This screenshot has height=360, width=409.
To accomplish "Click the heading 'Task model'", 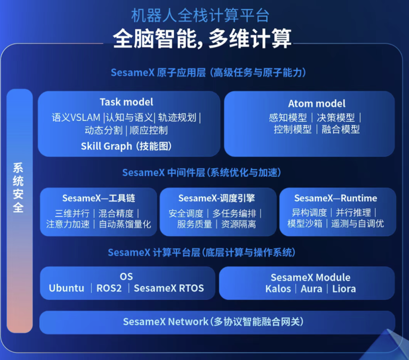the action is pyautogui.click(x=126, y=102).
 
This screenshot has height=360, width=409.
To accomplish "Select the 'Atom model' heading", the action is pyautogui.click(x=317, y=103).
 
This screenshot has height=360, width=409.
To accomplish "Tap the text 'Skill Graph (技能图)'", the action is pyautogui.click(x=126, y=146).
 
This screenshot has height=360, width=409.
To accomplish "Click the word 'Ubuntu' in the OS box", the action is pyautogui.click(x=67, y=288).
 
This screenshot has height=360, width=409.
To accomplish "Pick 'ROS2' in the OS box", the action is pyautogui.click(x=109, y=288).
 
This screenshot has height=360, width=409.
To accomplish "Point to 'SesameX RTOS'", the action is pyautogui.click(x=169, y=288).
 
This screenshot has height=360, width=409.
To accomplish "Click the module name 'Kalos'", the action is pyautogui.click(x=278, y=289).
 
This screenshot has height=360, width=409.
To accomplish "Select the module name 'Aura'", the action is pyautogui.click(x=311, y=289).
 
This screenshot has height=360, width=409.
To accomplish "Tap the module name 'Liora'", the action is pyautogui.click(x=344, y=289).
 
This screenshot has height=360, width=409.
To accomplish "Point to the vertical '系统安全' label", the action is pyautogui.click(x=18, y=188).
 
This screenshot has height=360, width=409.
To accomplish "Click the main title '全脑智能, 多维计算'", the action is pyautogui.click(x=202, y=39).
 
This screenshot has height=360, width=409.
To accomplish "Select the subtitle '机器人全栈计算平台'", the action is pyautogui.click(x=200, y=16).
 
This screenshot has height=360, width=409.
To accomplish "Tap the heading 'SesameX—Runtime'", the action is pyautogui.click(x=336, y=198).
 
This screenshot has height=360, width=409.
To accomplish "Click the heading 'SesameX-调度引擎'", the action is pyautogui.click(x=217, y=198).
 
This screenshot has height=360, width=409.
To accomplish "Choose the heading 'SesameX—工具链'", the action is pyautogui.click(x=98, y=198).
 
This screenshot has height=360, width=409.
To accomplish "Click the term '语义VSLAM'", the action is pyautogui.click(x=76, y=117).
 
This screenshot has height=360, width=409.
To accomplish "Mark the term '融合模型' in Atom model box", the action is pyautogui.click(x=341, y=130).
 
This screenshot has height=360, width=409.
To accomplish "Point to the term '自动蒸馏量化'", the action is pyautogui.click(x=125, y=224).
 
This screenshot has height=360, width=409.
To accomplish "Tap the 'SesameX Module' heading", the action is pyautogui.click(x=311, y=277).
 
